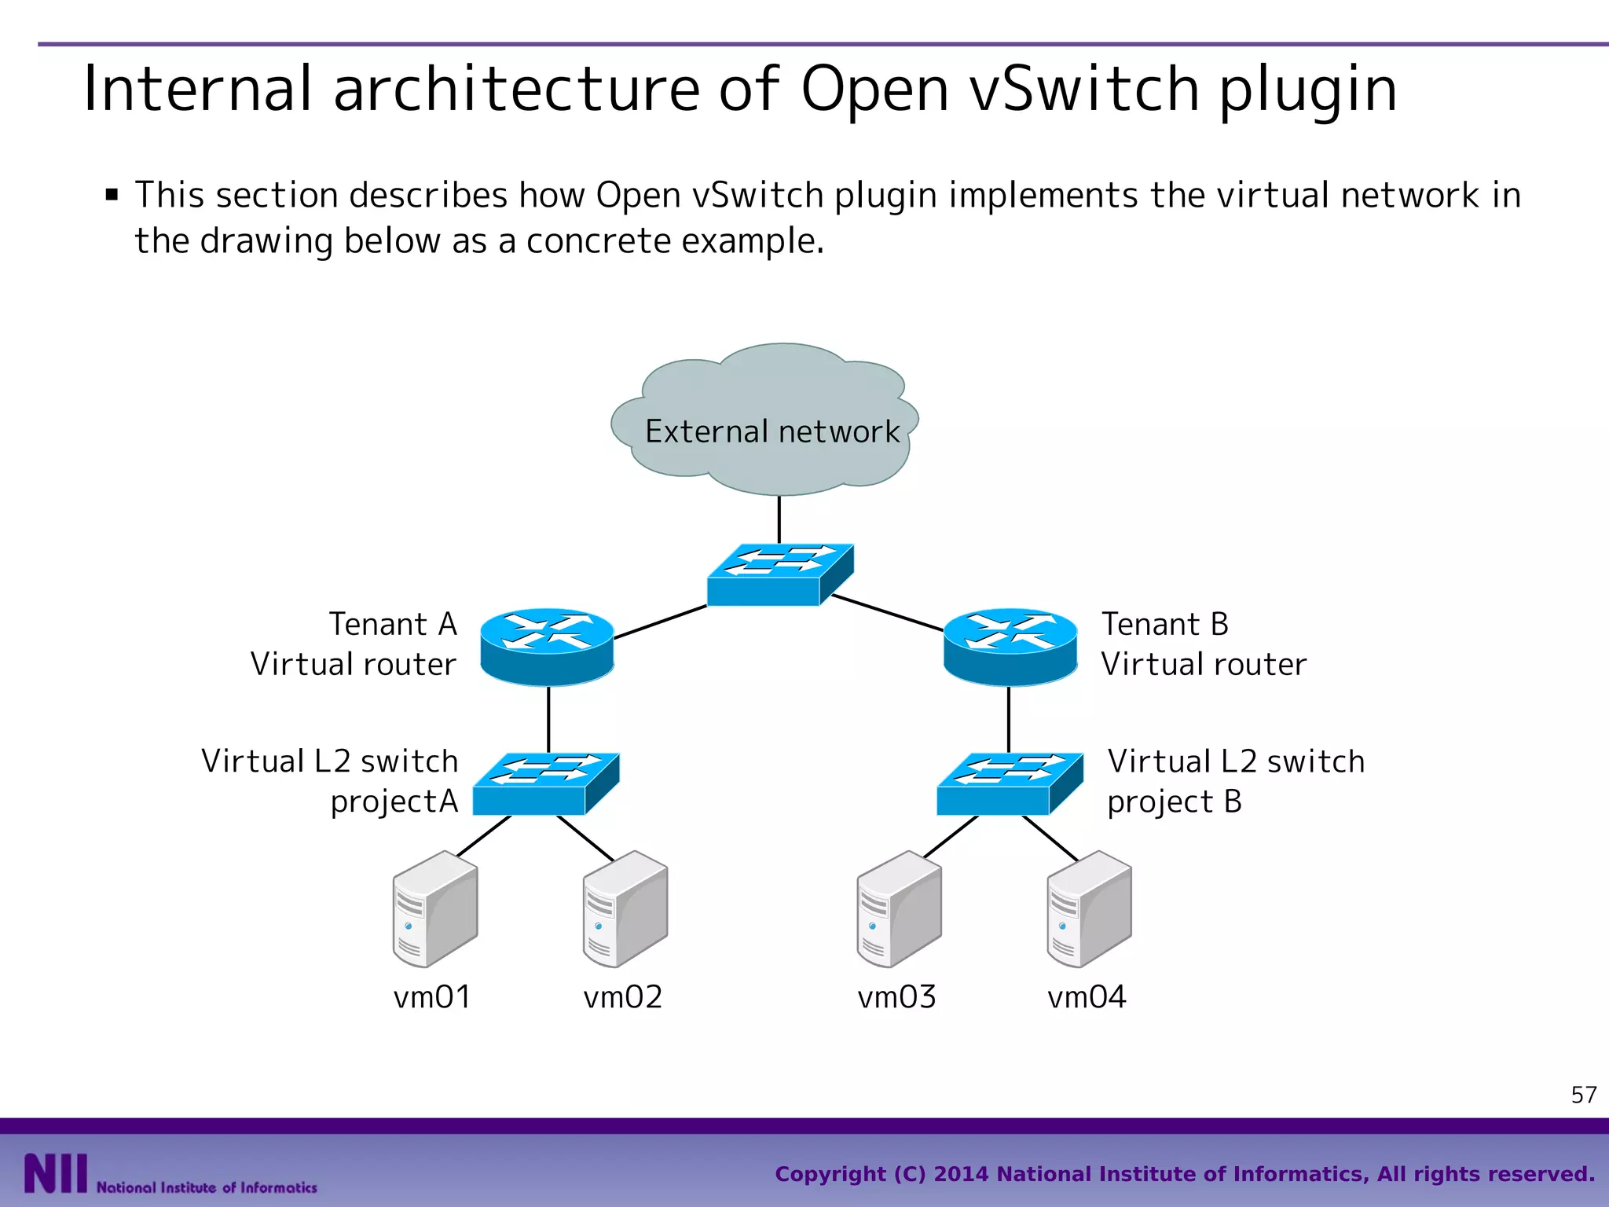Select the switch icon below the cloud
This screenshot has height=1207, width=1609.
[x=779, y=575]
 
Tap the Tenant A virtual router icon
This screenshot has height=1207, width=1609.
[x=547, y=646]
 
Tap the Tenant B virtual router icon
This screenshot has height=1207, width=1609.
[x=1010, y=646]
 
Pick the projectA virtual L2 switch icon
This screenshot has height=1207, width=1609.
[x=545, y=784]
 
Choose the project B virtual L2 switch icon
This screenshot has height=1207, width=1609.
[x=1010, y=784]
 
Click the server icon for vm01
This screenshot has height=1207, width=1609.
[x=434, y=909]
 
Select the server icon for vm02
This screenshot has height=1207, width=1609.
[x=625, y=909]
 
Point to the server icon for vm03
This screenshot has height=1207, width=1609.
[x=899, y=909]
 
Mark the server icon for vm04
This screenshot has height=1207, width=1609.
[x=1089, y=909]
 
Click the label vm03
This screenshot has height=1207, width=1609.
[x=896, y=997]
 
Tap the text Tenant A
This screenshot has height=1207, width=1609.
[x=392, y=625]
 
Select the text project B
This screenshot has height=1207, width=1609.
[x=1174, y=802]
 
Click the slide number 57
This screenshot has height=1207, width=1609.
[x=1583, y=1095]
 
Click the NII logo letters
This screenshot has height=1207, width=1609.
[x=55, y=1173]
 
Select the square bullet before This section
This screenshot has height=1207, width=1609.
[x=112, y=195]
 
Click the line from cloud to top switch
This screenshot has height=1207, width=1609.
[x=779, y=519]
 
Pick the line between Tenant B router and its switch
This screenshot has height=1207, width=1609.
[x=1009, y=719]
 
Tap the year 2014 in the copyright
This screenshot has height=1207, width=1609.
[x=961, y=1174]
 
